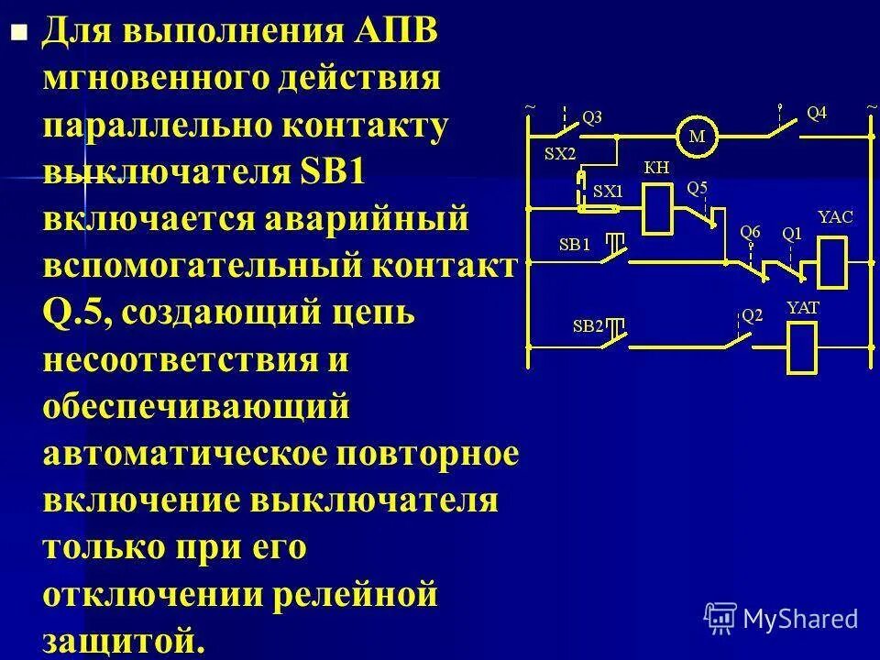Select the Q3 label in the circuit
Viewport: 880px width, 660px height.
click(x=593, y=117)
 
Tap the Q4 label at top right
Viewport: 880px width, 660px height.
click(x=816, y=113)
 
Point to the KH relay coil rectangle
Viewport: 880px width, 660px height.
click(x=658, y=208)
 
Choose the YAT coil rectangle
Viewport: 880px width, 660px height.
click(x=802, y=346)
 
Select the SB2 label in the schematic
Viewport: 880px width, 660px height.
click(x=588, y=325)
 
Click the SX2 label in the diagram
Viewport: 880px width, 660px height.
click(x=559, y=155)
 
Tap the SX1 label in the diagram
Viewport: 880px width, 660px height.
click(x=608, y=192)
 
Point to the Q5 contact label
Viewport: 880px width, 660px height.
click(x=698, y=187)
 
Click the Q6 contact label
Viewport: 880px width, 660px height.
click(x=750, y=232)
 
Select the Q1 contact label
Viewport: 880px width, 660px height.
click(x=792, y=233)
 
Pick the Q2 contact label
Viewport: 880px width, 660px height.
click(x=752, y=315)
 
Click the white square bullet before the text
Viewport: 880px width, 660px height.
click(x=16, y=36)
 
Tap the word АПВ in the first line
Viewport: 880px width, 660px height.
click(x=397, y=34)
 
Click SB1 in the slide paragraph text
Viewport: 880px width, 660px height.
click(x=333, y=173)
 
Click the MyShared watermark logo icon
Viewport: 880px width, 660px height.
click(x=720, y=617)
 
